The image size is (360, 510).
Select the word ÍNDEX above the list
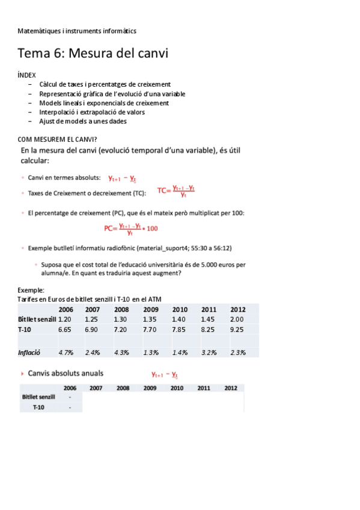pyautogui.click(x=27, y=74)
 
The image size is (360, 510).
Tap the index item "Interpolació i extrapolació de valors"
pyautogui.click(x=91, y=112)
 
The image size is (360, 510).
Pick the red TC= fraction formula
pyautogui.click(x=176, y=191)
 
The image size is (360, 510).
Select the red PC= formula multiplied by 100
pyautogui.click(x=130, y=228)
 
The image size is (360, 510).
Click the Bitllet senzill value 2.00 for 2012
pyautogui.click(x=237, y=319)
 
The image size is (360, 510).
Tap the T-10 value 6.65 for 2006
pyautogui.click(x=65, y=330)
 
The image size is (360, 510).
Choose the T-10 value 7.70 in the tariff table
pyautogui.click(x=150, y=330)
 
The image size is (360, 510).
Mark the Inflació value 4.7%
pyautogui.click(x=66, y=352)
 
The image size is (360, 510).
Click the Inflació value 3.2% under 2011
pyautogui.click(x=209, y=352)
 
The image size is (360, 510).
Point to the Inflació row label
pyautogui.click(x=31, y=352)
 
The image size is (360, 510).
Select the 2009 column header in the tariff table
pyautogui.click(x=150, y=309)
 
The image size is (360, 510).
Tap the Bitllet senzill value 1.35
pyautogui.click(x=150, y=319)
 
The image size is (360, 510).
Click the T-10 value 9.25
pyautogui.click(x=237, y=330)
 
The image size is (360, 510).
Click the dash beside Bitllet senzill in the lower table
pyautogui.click(x=70, y=397)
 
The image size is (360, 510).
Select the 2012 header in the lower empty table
pyautogui.click(x=230, y=388)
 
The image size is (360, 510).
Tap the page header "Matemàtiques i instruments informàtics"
pyautogui.click(x=77, y=30)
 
